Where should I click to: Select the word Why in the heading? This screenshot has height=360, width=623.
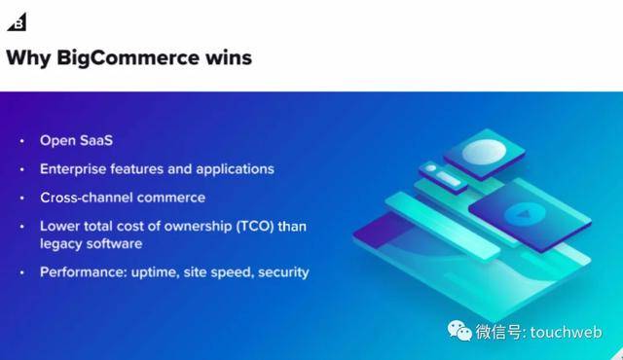tap(27, 58)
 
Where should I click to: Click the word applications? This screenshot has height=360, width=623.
tap(235, 168)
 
